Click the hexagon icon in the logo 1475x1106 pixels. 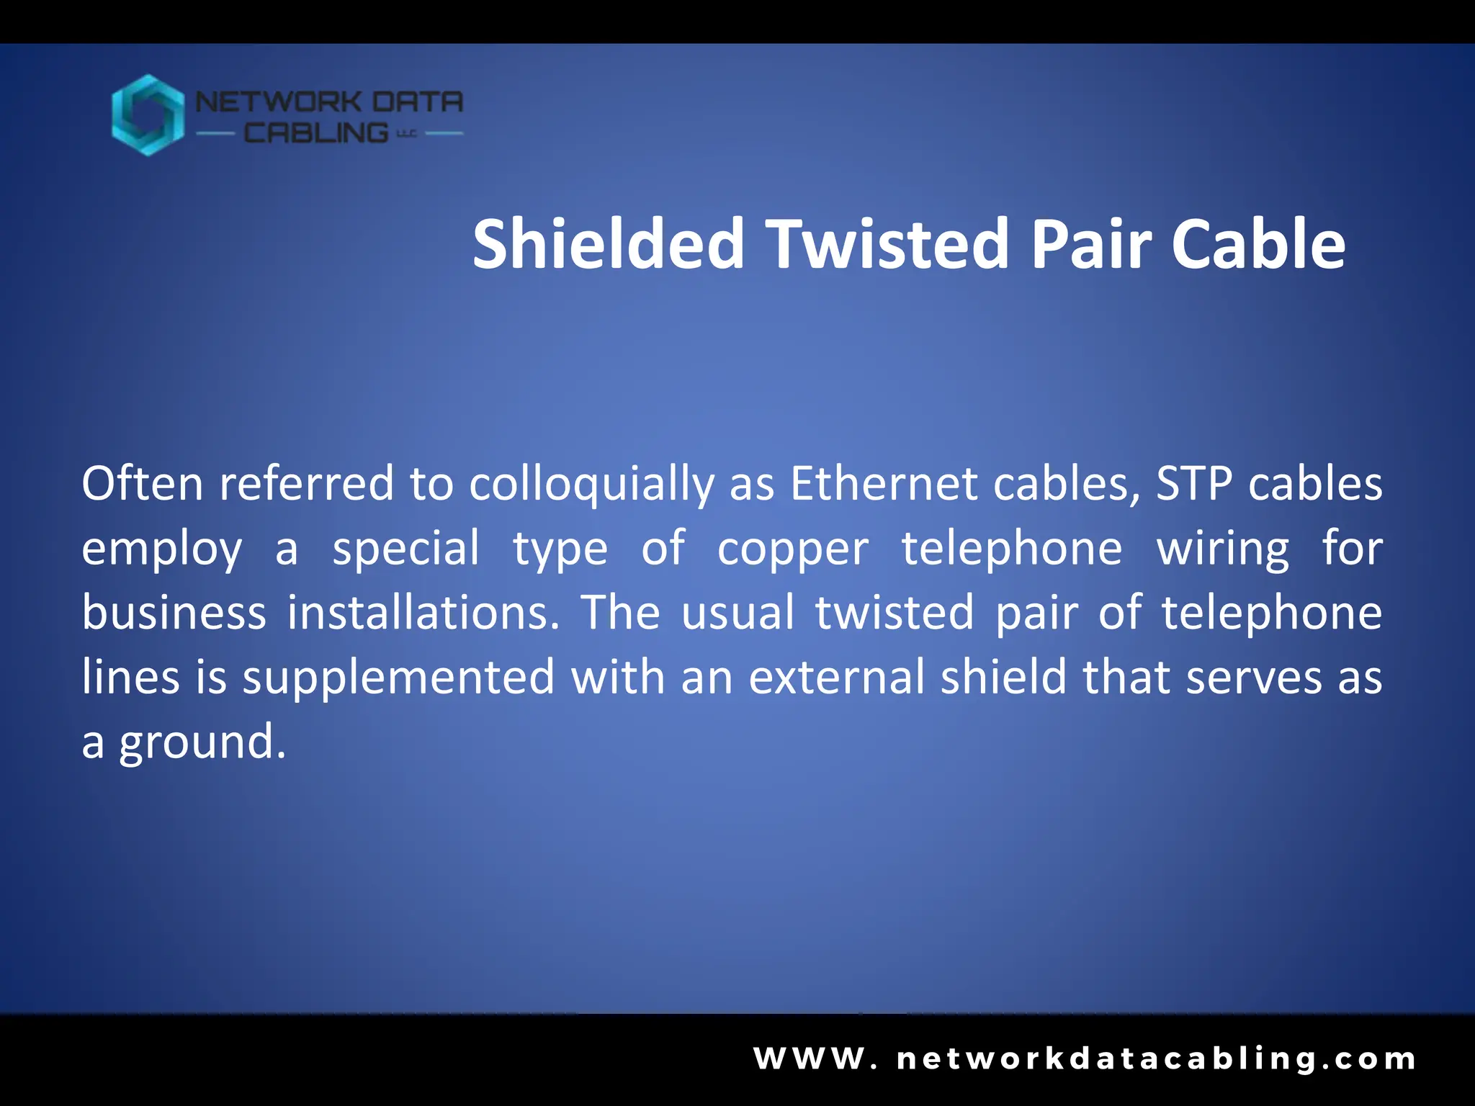[x=148, y=115]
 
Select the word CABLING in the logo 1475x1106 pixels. [x=316, y=133]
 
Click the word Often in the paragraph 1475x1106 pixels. [x=142, y=483]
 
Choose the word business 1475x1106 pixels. [x=174, y=613]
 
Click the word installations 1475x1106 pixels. [x=423, y=613]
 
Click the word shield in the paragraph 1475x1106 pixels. [x=1003, y=678]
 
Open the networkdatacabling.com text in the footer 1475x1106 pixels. [x=1157, y=1059]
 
